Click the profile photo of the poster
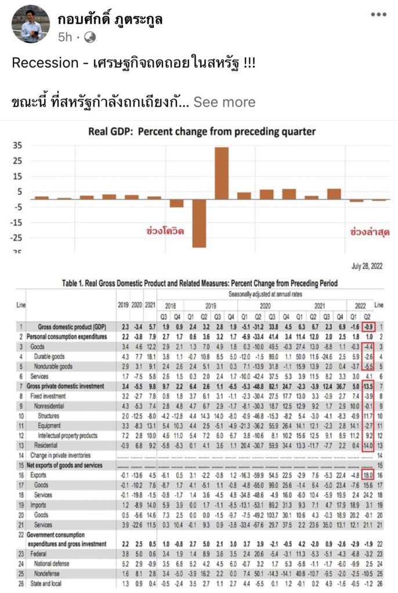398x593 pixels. pyautogui.click(x=26, y=24)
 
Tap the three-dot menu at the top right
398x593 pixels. pyautogui.click(x=378, y=15)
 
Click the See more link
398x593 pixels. pyautogui.click(x=224, y=102)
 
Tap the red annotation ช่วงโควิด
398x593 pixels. pyautogui.click(x=164, y=231)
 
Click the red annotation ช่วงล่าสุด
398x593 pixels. pyautogui.click(x=370, y=231)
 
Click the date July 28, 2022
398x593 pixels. pyautogui.click(x=368, y=267)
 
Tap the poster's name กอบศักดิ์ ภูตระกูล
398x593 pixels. pyautogui.click(x=110, y=19)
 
